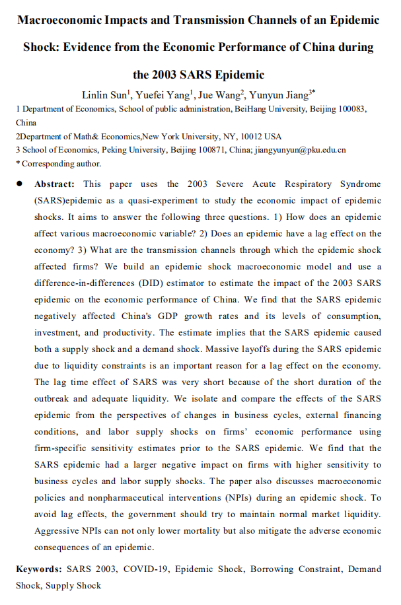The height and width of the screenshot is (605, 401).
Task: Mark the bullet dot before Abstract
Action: pos(22,184)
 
